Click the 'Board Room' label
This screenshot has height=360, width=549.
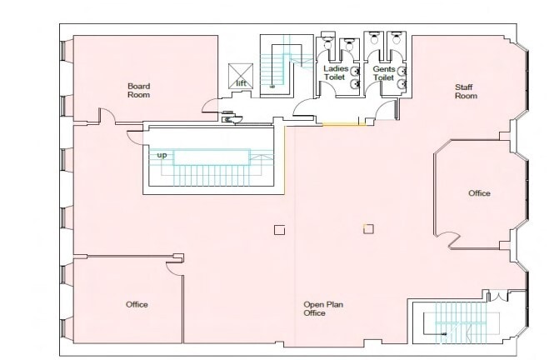(x=137, y=90)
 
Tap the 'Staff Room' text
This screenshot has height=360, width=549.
(x=465, y=91)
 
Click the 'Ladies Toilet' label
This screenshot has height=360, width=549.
(x=336, y=72)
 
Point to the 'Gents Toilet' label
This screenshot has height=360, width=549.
(x=383, y=72)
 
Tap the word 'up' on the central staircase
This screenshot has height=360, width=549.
(x=162, y=154)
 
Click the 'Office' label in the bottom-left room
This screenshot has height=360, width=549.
(x=137, y=304)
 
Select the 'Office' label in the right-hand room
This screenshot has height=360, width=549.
(x=479, y=193)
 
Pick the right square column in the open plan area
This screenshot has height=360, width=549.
(x=367, y=228)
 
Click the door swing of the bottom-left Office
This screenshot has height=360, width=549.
(x=176, y=264)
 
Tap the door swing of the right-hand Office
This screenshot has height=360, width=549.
(x=454, y=241)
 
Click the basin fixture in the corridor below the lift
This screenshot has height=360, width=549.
(x=228, y=119)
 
